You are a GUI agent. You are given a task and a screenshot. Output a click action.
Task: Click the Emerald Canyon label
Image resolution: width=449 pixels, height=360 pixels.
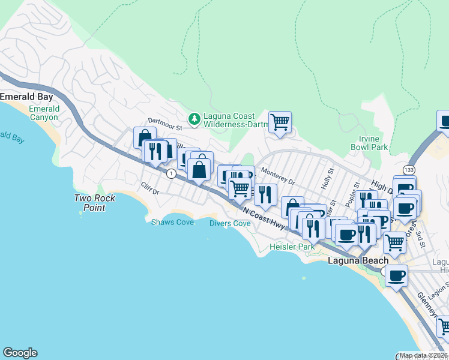(44, 113)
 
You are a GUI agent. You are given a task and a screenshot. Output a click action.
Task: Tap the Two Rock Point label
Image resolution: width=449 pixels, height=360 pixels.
(90, 203)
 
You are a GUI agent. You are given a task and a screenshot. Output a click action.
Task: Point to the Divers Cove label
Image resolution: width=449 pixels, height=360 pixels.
(230, 223)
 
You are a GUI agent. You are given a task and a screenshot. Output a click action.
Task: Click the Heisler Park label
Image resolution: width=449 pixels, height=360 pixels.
(292, 247)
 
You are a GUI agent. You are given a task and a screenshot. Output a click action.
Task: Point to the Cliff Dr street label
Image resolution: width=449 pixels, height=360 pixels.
(150, 191)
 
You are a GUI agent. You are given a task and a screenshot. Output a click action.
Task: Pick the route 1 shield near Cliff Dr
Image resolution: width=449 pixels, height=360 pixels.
(172, 174)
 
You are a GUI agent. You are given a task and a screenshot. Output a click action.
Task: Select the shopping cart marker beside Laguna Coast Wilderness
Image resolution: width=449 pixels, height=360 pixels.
(280, 122)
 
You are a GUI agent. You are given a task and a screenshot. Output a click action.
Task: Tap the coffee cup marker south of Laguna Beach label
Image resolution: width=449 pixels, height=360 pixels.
(396, 277)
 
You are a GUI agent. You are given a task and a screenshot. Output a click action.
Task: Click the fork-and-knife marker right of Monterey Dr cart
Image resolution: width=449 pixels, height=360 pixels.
(266, 194)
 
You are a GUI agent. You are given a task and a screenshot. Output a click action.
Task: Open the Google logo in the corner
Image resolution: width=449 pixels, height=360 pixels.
(20, 353)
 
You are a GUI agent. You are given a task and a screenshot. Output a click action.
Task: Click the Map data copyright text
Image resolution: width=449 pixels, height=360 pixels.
(424, 355)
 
